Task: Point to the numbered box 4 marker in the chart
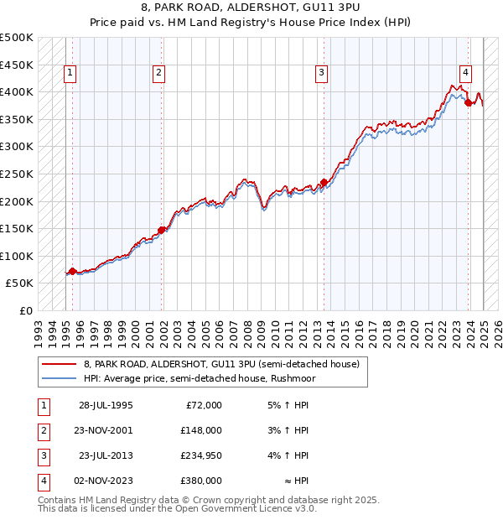(464, 72)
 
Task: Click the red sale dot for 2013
(323, 182)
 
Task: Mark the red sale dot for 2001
(161, 229)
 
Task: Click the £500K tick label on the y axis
(17, 38)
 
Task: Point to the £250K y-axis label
(17, 174)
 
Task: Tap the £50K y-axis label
(20, 283)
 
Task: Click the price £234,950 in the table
(201, 455)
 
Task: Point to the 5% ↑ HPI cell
(289, 405)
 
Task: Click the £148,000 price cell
(201, 430)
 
